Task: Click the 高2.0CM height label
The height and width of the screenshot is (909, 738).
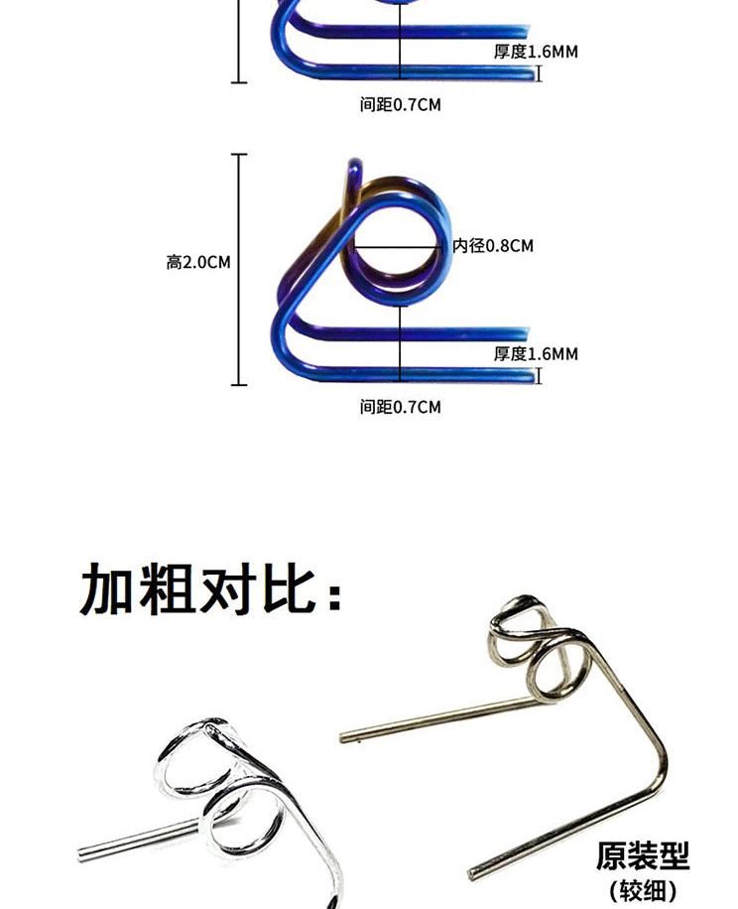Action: (x=198, y=263)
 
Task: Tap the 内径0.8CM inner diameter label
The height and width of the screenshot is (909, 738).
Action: (x=493, y=245)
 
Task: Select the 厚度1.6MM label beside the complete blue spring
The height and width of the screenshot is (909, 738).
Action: (x=536, y=354)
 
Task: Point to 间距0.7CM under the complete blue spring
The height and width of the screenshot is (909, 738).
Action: (x=400, y=407)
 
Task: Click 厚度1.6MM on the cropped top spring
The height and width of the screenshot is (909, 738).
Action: (x=536, y=52)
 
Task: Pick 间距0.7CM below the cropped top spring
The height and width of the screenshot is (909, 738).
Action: (x=400, y=104)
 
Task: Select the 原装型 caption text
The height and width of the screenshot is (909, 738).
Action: (x=643, y=855)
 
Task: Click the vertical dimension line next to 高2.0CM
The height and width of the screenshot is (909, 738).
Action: (x=238, y=268)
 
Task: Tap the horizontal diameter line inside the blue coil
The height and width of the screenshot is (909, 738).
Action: (x=397, y=244)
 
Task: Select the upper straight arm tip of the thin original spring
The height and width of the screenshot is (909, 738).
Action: (x=345, y=737)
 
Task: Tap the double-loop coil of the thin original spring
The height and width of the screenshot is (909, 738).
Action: (x=536, y=645)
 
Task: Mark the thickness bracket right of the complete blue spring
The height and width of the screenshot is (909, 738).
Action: (x=539, y=375)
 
